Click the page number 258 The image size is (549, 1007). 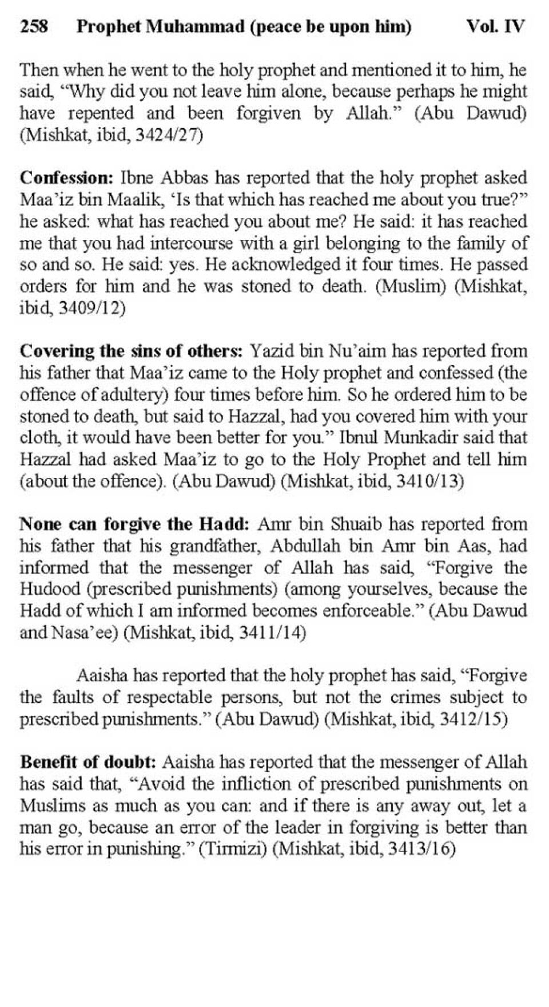pyautogui.click(x=34, y=26)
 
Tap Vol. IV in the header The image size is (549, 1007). pyautogui.click(x=495, y=26)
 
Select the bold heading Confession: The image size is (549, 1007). pyautogui.click(x=67, y=177)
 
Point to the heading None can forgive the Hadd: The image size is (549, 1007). pyautogui.click(x=134, y=524)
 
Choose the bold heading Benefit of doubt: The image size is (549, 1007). pyautogui.click(x=88, y=762)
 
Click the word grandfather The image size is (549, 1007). pyautogui.click(x=215, y=546)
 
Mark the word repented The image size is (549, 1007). pyautogui.click(x=97, y=113)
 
